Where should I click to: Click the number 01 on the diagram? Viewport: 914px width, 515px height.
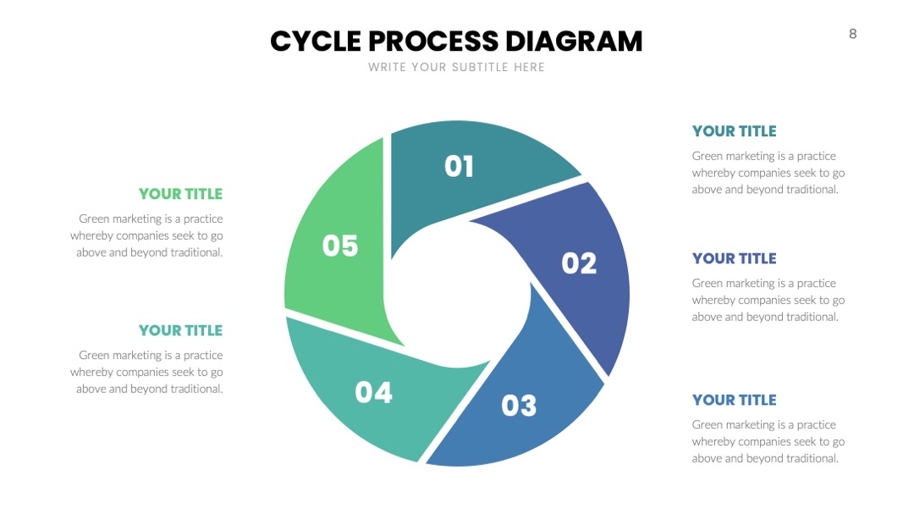(x=459, y=166)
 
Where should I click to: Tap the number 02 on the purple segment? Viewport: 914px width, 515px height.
(x=579, y=263)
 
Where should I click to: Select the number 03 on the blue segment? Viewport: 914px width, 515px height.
(x=519, y=406)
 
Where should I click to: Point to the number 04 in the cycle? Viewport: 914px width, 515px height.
(x=374, y=392)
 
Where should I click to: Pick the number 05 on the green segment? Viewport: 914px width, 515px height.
(x=340, y=246)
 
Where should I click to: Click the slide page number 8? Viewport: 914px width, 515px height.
(x=853, y=34)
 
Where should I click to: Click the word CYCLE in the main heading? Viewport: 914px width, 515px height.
(x=316, y=42)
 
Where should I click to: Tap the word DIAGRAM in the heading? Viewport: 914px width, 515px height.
(x=574, y=42)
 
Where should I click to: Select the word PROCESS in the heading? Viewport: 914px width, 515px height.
(x=433, y=42)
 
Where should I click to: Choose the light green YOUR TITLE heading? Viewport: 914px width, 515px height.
(x=181, y=194)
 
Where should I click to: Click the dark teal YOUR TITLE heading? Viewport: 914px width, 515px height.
(x=735, y=131)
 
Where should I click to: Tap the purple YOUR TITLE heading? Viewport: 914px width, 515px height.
(x=735, y=258)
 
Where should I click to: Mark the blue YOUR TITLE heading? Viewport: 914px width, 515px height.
(x=735, y=400)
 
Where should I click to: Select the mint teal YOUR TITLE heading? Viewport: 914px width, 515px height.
(x=181, y=330)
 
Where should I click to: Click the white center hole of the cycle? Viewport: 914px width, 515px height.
(x=458, y=295)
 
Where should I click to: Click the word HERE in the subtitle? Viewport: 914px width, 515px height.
(x=529, y=67)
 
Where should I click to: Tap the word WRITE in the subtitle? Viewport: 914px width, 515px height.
(x=387, y=67)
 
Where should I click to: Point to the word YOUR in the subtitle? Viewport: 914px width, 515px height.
(x=429, y=67)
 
